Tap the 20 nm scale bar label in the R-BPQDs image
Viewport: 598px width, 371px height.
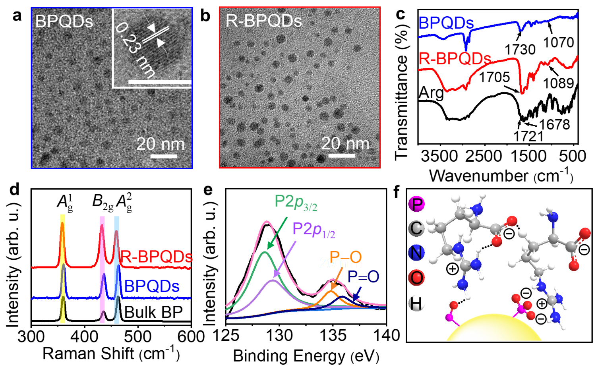point(345,144)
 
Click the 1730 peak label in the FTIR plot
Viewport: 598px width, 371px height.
point(520,49)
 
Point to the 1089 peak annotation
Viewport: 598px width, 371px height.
point(558,83)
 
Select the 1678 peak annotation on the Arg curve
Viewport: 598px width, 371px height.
point(554,124)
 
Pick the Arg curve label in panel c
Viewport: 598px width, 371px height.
point(432,93)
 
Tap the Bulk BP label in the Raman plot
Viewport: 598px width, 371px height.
point(153,313)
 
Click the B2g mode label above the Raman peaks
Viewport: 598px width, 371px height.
point(103,201)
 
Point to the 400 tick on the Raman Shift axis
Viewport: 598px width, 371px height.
point(85,336)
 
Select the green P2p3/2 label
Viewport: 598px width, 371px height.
point(296,202)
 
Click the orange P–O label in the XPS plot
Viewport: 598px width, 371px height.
point(345,257)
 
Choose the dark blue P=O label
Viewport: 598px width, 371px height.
point(363,277)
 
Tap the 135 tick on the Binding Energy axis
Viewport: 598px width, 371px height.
point(333,336)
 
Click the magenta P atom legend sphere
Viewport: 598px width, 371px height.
point(416,204)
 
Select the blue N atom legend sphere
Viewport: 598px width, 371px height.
point(416,253)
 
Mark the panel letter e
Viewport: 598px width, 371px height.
point(208,190)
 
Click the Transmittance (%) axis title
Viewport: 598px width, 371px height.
point(402,91)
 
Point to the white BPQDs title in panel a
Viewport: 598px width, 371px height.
point(64,21)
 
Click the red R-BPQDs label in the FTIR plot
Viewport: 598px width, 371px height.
point(455,59)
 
